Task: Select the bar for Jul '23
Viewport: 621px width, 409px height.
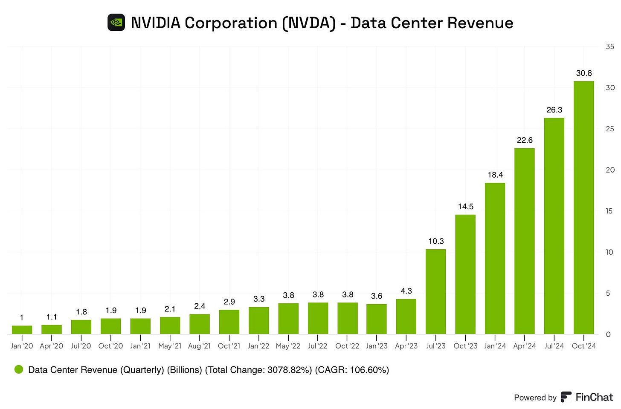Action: [x=435, y=291]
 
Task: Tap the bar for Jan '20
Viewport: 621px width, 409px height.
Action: [x=22, y=330]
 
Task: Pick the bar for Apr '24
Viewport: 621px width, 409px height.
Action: [x=524, y=241]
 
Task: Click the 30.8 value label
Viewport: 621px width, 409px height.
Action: [x=583, y=73]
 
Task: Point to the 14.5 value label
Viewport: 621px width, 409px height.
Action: [x=465, y=207]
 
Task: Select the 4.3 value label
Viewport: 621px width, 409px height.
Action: [x=406, y=291]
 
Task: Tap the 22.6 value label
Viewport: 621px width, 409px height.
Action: [x=524, y=140]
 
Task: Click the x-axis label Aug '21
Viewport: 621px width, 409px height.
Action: [x=199, y=346]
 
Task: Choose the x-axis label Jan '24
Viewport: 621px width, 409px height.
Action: [x=495, y=346]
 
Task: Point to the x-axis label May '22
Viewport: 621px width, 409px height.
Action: [x=288, y=346]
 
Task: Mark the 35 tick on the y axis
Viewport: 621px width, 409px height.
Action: [x=610, y=46]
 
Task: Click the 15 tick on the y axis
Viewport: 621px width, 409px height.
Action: [x=610, y=211]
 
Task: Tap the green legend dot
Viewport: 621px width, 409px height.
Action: [x=19, y=369]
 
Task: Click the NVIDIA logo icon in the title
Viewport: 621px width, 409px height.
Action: [x=116, y=23]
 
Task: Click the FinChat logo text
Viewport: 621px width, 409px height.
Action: [x=594, y=397]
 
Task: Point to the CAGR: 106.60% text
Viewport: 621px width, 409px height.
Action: [x=352, y=370]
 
